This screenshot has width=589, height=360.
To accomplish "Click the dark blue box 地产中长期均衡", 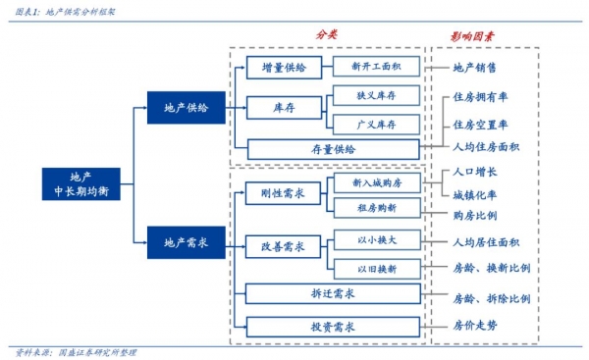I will point(83,183).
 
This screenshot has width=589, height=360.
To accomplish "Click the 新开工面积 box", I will point(376,68).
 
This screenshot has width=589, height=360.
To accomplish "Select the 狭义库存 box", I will point(376,95).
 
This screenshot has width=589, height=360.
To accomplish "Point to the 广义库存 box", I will point(376,124).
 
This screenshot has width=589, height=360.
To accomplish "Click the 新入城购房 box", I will point(376,182).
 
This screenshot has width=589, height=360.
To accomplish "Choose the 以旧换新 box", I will point(376,268).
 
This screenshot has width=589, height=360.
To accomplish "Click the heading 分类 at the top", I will point(327,34).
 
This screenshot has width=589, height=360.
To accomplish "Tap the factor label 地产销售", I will point(474,68).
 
